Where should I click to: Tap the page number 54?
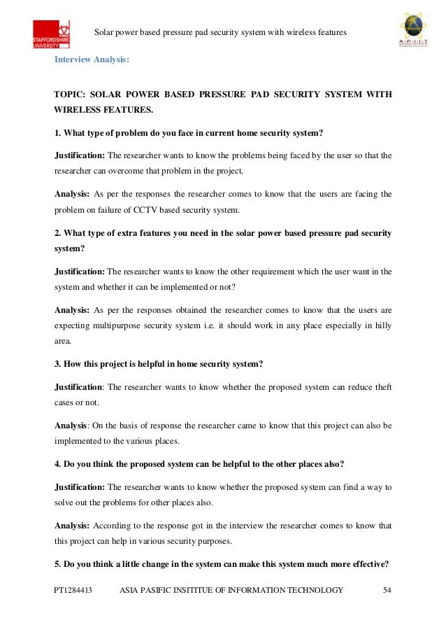388,590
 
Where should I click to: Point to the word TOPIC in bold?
71,94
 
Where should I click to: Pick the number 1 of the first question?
57,133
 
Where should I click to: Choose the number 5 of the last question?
57,563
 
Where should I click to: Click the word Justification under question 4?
79,485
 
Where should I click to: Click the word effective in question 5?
369,563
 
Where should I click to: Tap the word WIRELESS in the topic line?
79,110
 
